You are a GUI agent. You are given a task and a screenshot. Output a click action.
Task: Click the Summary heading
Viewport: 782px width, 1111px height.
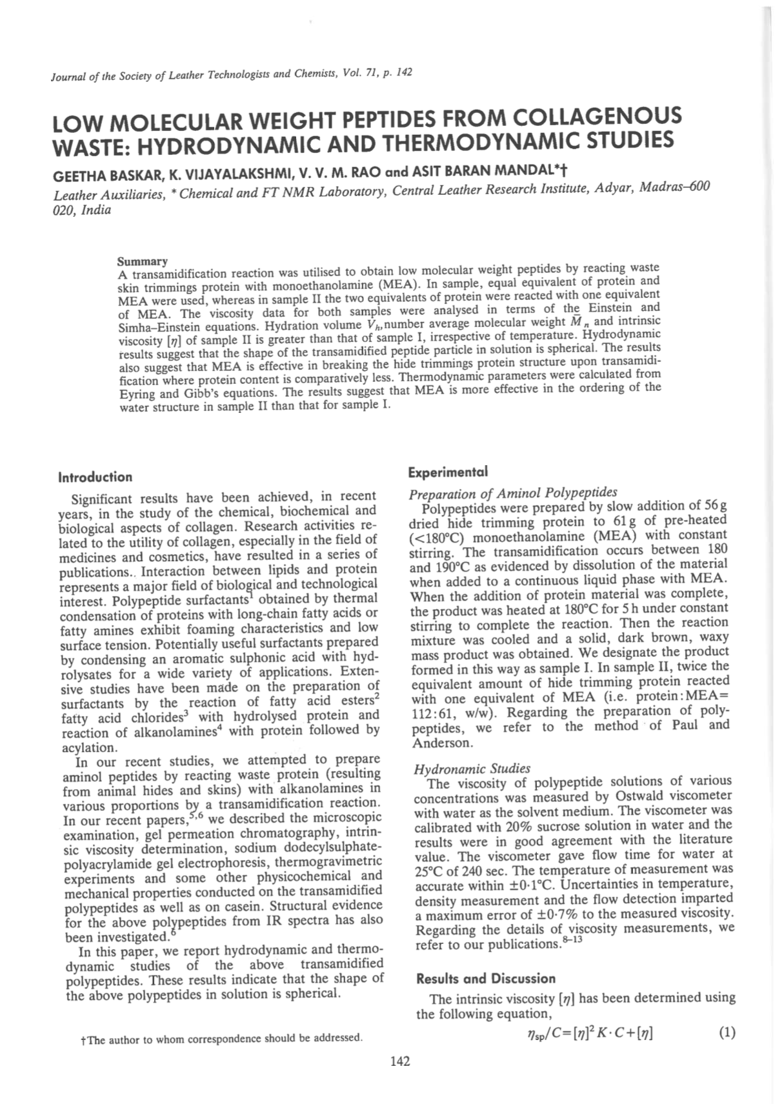tap(142, 262)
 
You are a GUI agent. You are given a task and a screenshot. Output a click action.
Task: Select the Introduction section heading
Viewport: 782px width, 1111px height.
tap(95, 477)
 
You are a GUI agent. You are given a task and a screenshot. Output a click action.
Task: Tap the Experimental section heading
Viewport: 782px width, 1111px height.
tap(448, 472)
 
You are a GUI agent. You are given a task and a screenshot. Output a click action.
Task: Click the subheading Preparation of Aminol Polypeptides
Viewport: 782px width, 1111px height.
tap(513, 493)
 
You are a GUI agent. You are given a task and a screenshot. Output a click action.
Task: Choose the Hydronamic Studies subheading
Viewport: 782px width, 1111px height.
tap(472, 768)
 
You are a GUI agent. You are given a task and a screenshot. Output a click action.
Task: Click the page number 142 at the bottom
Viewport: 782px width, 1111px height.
tap(400, 1061)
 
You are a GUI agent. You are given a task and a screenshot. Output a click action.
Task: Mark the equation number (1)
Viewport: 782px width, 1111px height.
tap(727, 1033)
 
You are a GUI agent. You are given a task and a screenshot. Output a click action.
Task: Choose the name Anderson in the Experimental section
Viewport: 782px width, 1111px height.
tap(442, 743)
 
